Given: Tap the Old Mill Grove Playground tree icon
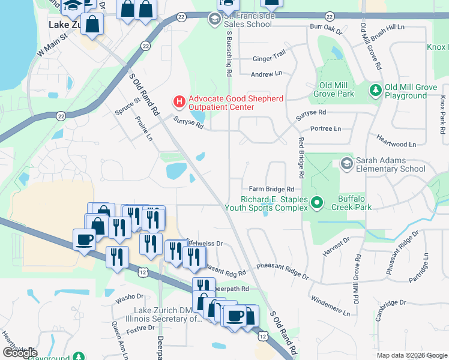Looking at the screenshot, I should [x=376, y=90].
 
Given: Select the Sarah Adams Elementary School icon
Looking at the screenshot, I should [x=346, y=164].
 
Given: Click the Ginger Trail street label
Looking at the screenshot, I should [x=269, y=59].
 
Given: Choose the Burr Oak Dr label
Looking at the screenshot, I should [x=325, y=28].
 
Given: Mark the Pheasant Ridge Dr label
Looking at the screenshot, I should [x=282, y=268].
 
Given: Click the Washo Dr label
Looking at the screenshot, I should [x=130, y=297].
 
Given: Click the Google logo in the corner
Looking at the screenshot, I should [x=19, y=353].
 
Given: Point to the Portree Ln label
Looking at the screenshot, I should [x=325, y=128].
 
